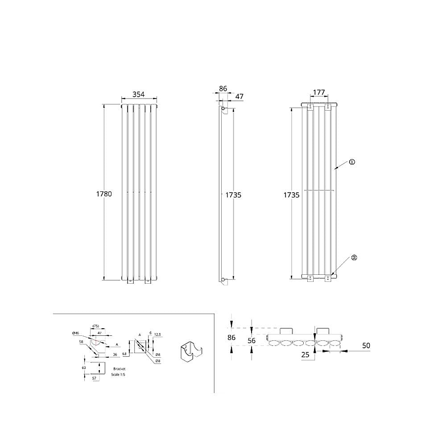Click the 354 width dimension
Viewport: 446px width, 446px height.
pos(139,94)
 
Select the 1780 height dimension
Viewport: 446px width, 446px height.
pos(104,194)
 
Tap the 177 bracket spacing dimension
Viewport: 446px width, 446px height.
pos(319,92)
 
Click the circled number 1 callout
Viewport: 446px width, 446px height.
pos(352,162)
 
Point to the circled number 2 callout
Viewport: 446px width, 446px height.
pos(354,257)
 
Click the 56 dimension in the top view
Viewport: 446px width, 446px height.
pos(252,340)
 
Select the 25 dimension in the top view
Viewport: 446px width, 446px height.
pos(305,355)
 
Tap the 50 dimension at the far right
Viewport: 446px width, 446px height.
pos(366,346)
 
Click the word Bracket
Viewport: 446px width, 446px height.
pos(119,369)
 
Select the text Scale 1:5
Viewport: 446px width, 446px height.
pos(118,375)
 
